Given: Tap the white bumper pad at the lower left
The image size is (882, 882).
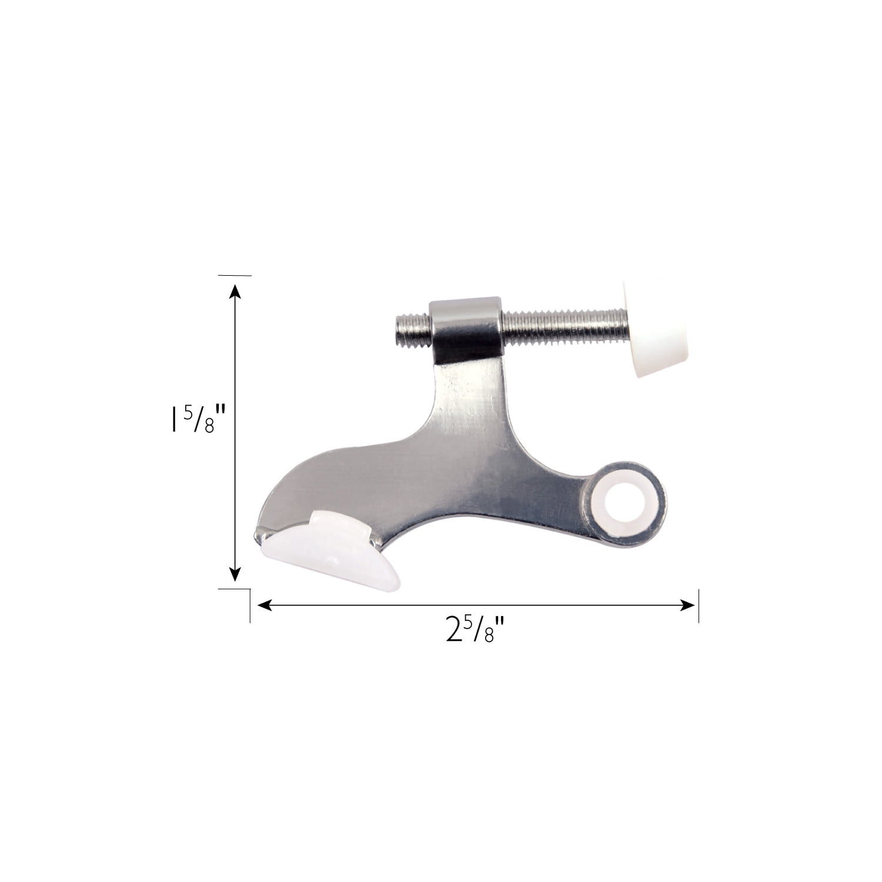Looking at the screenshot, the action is (x=327, y=550).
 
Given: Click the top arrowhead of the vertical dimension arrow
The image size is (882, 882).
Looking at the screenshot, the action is (x=235, y=293).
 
